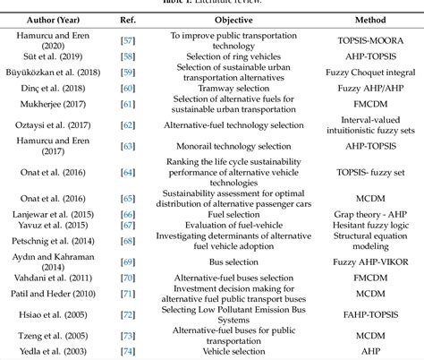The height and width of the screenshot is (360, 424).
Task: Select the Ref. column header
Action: click(x=127, y=18)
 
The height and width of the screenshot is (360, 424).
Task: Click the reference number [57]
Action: click(x=127, y=42)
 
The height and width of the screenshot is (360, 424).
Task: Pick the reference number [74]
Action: click(x=127, y=352)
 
